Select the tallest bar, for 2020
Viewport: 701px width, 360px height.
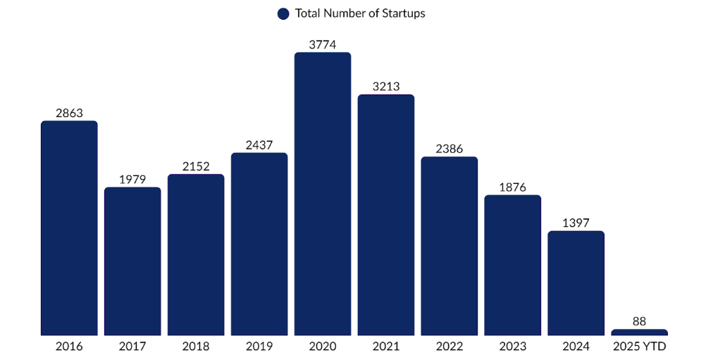323,194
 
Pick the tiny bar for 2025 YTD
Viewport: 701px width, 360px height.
640,332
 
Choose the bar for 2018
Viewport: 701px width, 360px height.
196,254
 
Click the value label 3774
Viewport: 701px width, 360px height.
323,44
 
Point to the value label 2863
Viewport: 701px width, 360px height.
69,113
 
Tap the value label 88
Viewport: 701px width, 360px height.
640,321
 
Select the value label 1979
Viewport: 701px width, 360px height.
132,179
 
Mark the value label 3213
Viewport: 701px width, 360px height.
386,87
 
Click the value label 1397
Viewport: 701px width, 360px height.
576,223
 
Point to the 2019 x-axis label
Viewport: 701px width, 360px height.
259,347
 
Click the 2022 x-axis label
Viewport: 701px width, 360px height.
449,347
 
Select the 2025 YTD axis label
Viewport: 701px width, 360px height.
640,347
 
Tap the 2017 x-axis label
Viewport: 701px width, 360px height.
132,347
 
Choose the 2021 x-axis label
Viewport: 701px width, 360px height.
386,347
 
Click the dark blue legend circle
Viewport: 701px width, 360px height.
283,13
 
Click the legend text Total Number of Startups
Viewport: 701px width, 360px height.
360,13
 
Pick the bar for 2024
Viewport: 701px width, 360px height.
576,283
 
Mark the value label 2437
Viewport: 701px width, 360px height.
259,144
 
